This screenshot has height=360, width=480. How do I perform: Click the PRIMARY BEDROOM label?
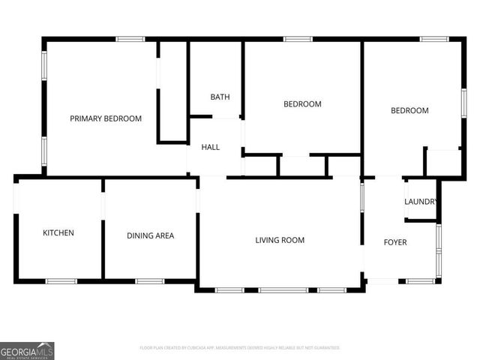pos(106,118)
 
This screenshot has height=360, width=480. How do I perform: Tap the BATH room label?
pos(220,97)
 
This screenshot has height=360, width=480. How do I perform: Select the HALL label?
pos(211,147)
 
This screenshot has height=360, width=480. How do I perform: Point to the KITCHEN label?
pos(58,233)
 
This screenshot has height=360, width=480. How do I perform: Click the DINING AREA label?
pos(150,235)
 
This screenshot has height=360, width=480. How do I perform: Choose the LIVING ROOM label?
pos(280,240)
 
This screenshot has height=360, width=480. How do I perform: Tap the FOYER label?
pos(395,242)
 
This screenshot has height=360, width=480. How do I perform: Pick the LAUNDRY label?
pos(420,202)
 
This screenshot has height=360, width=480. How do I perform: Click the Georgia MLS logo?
pos(27,350)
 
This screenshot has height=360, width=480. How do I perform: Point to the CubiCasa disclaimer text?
pos(240,348)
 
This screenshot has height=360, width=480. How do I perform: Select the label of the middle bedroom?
pos(302,104)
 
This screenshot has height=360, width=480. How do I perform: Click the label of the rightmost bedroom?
pos(409,111)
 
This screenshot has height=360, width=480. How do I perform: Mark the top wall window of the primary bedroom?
pos(130,39)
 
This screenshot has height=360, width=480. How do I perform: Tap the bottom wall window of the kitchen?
pos(61,281)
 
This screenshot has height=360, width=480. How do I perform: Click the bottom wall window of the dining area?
pos(150,281)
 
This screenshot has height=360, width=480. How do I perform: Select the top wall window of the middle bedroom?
pos(298,39)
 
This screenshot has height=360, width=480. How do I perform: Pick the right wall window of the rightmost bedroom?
pos(463,101)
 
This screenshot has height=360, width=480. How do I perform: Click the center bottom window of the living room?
pos(283,290)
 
